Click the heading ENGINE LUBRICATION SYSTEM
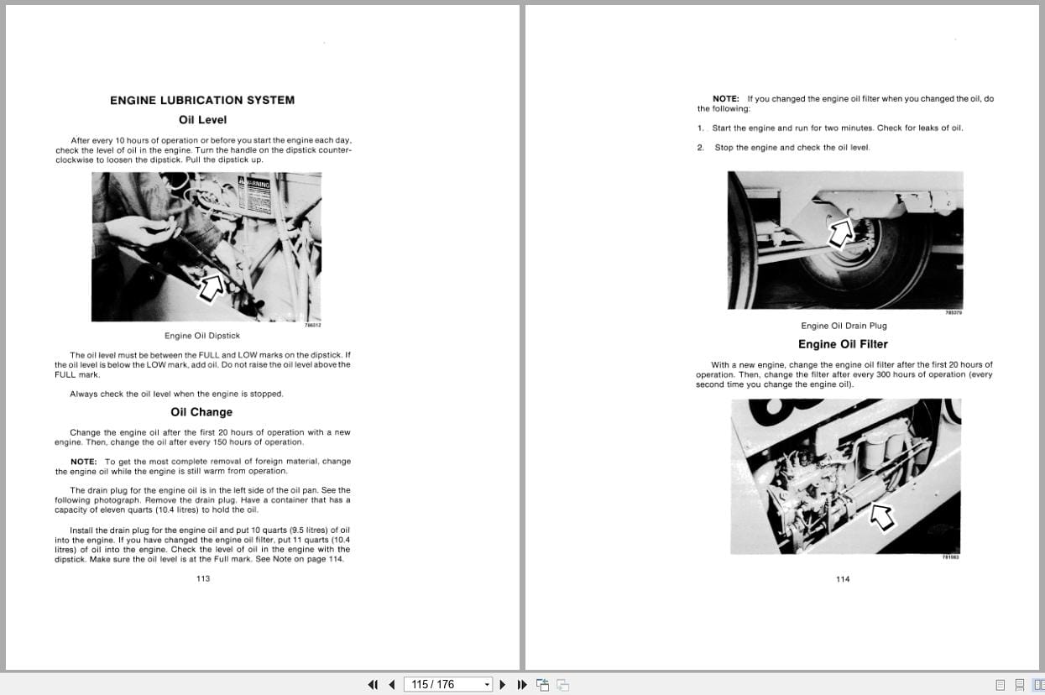[x=202, y=100]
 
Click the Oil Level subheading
[x=202, y=120]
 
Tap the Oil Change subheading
[x=201, y=412]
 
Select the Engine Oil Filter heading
[x=842, y=344]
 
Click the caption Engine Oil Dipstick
[x=202, y=336]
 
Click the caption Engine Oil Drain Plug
[x=844, y=326]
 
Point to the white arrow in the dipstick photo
[x=211, y=286]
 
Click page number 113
[x=202, y=578]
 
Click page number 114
[x=843, y=578]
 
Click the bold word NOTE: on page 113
[x=84, y=462]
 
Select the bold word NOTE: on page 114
[x=726, y=99]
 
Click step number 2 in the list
[x=700, y=148]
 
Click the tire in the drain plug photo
[x=873, y=269]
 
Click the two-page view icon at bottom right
[x=1038, y=685]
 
